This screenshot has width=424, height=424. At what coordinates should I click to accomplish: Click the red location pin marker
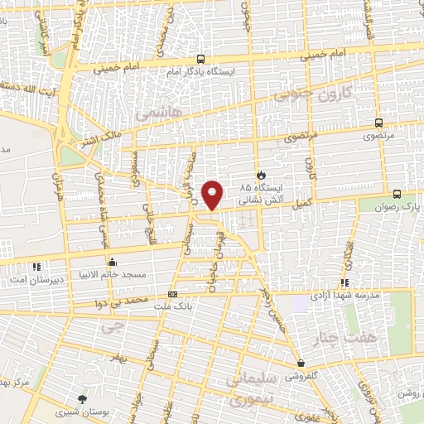[x=214, y=194]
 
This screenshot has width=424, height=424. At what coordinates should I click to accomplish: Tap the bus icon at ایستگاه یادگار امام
[x=201, y=59]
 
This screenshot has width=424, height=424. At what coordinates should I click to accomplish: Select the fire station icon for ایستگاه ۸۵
[x=262, y=176]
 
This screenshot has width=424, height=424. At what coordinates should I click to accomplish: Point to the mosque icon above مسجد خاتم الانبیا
[x=113, y=262]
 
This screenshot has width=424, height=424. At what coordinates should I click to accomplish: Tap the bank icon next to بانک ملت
[x=172, y=294]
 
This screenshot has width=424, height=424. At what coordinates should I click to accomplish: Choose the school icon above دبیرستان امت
[x=36, y=267]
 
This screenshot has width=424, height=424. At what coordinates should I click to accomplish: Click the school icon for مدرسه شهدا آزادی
[x=344, y=283]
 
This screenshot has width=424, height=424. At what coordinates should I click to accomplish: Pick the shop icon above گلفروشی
[x=300, y=364]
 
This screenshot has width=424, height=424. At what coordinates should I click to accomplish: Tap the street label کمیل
[x=302, y=201]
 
